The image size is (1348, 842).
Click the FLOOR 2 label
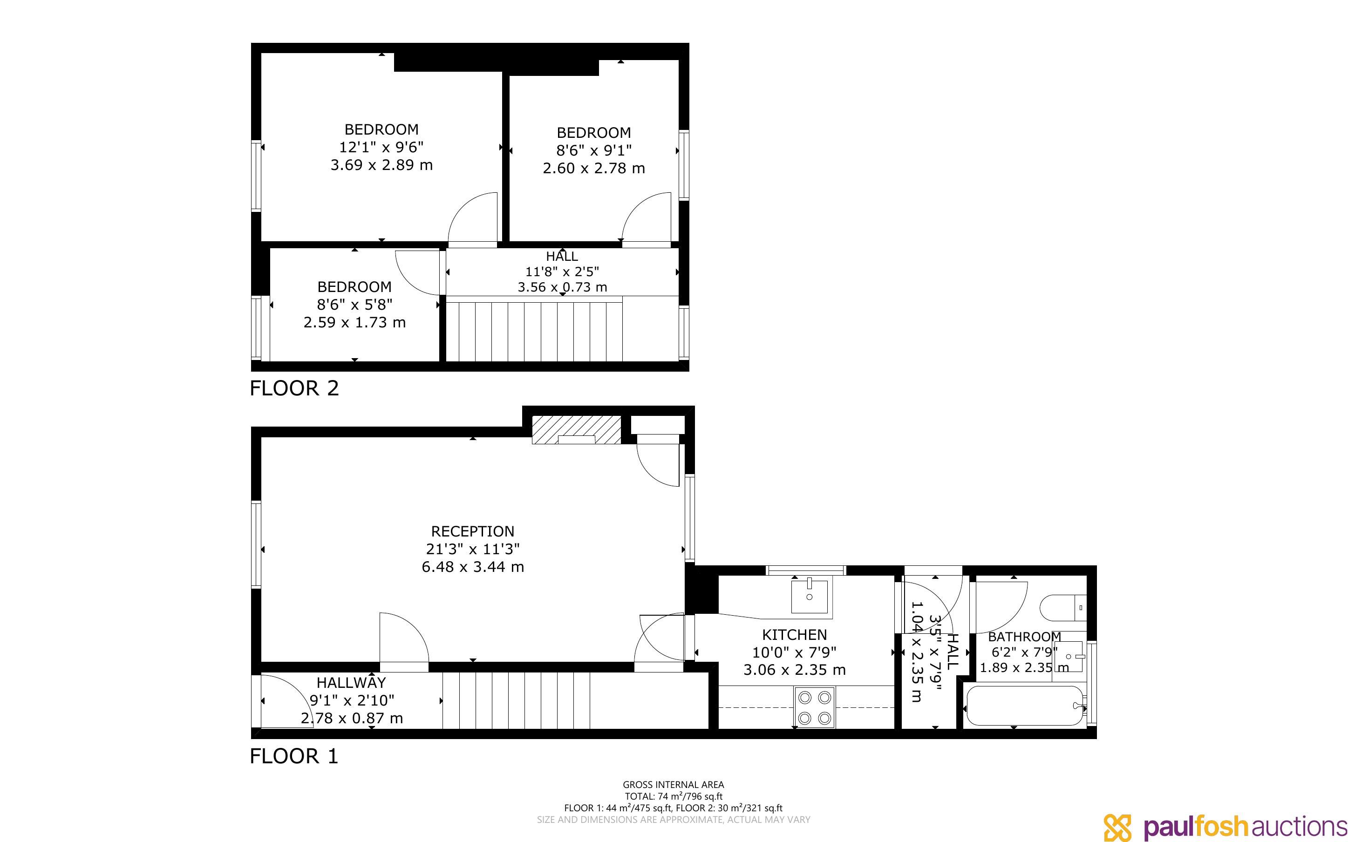tap(294, 388)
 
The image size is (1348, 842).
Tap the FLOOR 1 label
tap(294, 756)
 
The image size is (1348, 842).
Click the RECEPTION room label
tap(473, 531)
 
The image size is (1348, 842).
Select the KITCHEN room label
tap(795, 634)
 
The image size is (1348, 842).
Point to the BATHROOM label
tap(1024, 637)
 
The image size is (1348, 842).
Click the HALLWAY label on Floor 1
tap(351, 682)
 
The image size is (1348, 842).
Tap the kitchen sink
tap(810, 596)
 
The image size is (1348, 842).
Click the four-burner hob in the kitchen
tap(815, 707)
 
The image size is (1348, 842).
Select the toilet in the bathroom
tap(1063, 608)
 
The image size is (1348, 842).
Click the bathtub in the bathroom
tap(1026, 706)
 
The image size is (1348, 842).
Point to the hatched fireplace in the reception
tap(576, 430)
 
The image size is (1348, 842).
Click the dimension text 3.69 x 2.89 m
tap(381, 165)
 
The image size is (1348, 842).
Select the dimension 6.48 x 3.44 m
tap(473, 567)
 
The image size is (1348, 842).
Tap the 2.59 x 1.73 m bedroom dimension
tap(354, 322)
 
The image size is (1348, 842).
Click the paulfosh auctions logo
tap(1225, 827)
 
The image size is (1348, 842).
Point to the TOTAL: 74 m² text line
tap(673, 796)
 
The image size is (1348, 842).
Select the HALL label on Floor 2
tap(562, 256)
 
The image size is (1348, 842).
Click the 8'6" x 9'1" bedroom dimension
tap(593, 150)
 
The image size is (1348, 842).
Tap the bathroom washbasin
tap(1069, 657)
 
